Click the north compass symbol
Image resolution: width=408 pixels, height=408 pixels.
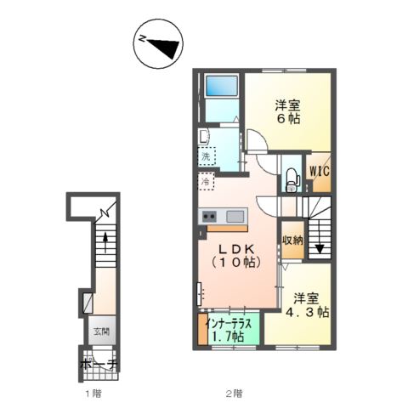pos(158,43)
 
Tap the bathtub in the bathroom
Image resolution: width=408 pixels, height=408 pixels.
pos(221,86)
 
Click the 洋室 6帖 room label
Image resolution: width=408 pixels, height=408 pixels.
pos(288,112)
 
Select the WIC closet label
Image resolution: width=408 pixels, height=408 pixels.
pos(320,172)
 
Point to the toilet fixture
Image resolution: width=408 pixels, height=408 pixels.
pos(292,180)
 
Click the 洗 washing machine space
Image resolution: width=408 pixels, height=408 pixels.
pos(207,156)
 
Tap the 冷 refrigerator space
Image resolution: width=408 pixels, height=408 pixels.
pos(206,181)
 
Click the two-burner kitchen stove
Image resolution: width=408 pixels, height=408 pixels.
pos(209,217)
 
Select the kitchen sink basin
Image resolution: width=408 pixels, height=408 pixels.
pos(235,217)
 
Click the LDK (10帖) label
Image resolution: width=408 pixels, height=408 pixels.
pos(236,256)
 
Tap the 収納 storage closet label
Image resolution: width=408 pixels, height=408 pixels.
pos(292,241)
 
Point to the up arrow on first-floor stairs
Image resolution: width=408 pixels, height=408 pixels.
pos(105,242)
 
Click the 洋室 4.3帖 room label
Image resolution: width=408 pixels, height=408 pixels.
pos(307,305)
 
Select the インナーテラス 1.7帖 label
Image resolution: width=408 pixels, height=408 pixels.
pos(229,330)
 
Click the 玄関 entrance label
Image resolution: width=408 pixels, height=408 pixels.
pos(101,331)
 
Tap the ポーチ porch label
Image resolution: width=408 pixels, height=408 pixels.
pos(99,365)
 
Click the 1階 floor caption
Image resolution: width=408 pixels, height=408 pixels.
pos(93,394)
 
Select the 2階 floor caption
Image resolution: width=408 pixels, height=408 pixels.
pos(234,394)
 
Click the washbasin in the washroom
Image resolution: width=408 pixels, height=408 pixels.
pos(204,137)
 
